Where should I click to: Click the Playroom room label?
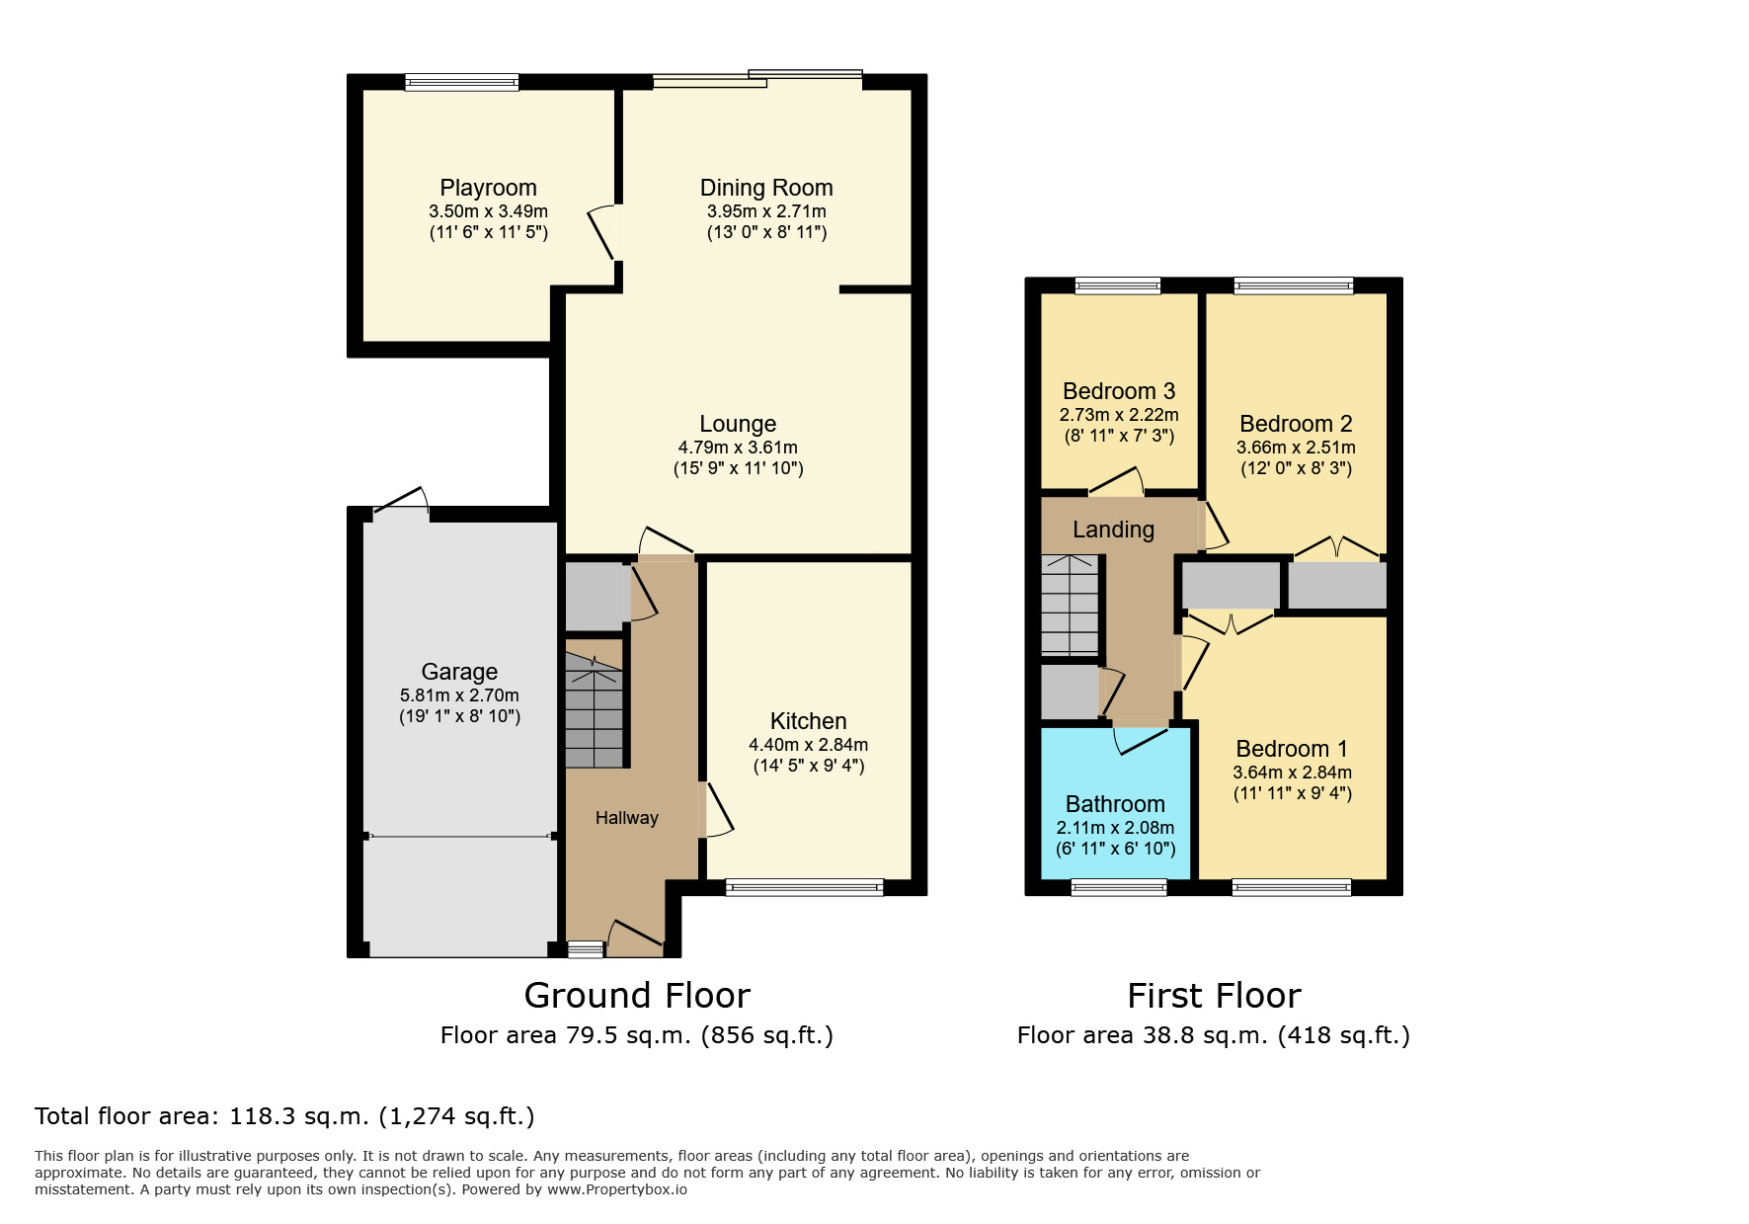point(488,188)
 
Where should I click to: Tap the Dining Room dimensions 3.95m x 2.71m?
point(766,211)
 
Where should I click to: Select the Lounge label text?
point(738,424)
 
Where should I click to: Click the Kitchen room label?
point(808,721)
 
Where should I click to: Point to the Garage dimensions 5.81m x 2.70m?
point(459,695)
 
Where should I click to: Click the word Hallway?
point(626,818)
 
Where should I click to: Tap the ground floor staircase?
point(594,711)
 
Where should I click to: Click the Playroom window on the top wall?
point(461,83)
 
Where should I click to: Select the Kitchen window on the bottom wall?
point(804,887)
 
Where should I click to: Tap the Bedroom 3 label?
point(1119,391)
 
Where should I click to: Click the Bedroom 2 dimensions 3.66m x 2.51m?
point(1296,448)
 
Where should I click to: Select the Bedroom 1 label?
point(1292,749)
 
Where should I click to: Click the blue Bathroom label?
point(1115,804)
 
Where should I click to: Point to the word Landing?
point(1113,530)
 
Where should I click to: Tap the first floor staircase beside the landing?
point(1071,605)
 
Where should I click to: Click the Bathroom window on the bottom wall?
point(1119,887)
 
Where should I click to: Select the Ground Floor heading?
point(637,995)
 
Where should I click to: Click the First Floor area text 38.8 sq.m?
point(1213,1035)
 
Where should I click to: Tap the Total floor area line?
point(284,1116)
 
